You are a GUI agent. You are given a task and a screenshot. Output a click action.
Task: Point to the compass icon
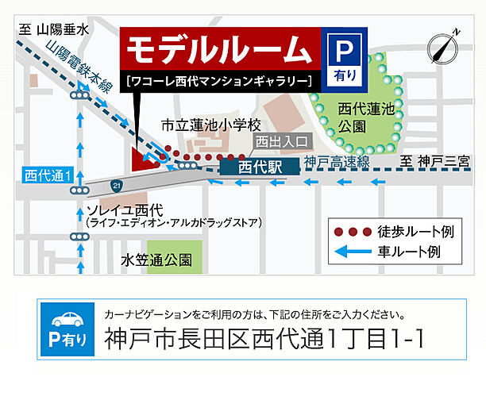click(x=443, y=48)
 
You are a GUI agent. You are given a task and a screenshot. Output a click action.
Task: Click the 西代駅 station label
click(x=259, y=167)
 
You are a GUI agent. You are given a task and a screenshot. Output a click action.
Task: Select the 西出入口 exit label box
click(x=280, y=141)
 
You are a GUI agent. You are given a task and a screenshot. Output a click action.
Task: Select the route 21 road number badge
click(x=118, y=185)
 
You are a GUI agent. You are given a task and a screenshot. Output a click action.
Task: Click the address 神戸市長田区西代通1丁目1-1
click(x=264, y=339)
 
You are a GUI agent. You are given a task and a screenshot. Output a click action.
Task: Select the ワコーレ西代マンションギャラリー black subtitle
click(x=218, y=80)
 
